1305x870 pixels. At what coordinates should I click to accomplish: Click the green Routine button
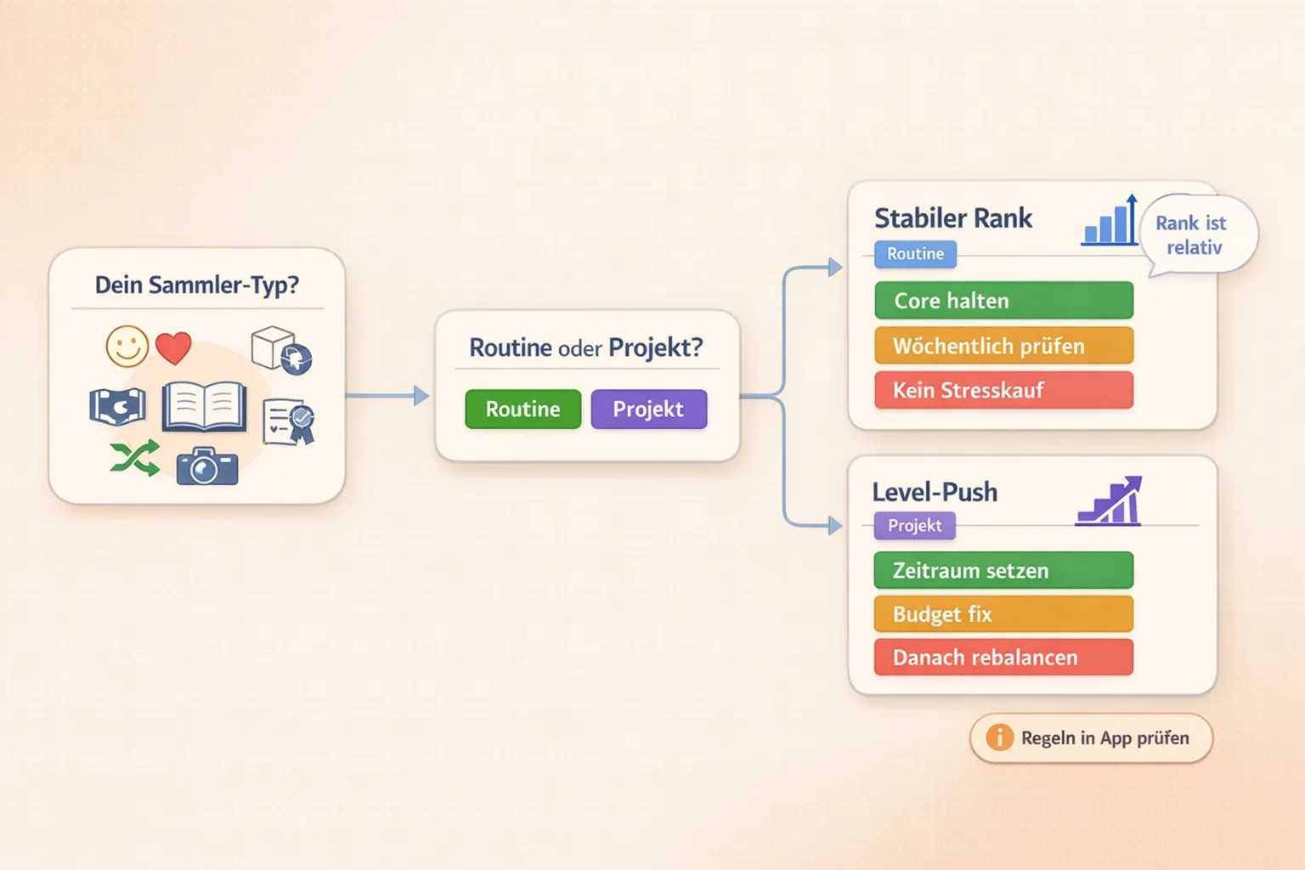point(523,409)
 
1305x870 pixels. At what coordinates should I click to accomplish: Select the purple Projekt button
point(648,409)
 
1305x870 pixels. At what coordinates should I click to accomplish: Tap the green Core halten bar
point(1003,301)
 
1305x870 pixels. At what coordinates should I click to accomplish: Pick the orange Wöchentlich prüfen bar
point(1003,346)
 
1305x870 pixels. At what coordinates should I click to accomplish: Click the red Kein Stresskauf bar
point(1003,390)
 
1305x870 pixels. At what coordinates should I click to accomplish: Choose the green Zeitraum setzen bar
point(1003,570)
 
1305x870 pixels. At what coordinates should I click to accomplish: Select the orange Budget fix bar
point(1003,614)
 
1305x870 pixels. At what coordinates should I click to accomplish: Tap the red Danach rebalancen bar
point(1003,658)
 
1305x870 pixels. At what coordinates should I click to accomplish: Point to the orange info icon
point(999,737)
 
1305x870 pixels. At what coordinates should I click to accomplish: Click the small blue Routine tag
point(915,254)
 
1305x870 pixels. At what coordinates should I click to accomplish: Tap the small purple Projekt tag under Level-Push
point(914,526)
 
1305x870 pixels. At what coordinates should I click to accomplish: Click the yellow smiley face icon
point(127,347)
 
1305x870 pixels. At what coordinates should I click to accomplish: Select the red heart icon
point(173,347)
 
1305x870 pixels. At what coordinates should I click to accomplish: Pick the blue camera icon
point(206,466)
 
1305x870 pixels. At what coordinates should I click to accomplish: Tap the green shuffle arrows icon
point(135,459)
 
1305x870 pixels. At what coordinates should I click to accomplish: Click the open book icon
point(204,407)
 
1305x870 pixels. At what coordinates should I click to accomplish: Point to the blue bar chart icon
point(1110,223)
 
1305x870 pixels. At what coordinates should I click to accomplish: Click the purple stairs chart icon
point(1110,502)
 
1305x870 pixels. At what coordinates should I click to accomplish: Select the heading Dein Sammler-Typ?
point(196,285)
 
